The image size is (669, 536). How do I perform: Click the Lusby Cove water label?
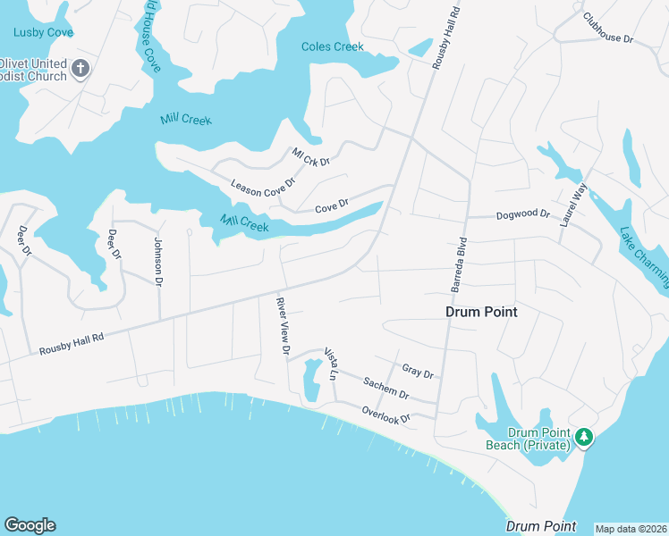(43, 32)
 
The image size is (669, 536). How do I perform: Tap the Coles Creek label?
(333, 46)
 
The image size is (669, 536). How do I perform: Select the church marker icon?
(80, 69)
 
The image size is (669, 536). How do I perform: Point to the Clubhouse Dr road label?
(607, 28)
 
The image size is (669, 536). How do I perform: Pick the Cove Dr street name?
(331, 208)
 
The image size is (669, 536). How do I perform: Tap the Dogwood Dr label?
(523, 214)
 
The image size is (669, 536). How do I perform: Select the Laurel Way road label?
(572, 205)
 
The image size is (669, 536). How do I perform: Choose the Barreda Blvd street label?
(458, 265)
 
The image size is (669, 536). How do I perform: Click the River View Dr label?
(283, 327)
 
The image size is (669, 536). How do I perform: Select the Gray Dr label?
(417, 371)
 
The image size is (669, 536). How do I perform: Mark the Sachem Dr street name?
(385, 388)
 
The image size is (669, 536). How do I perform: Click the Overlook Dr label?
(385, 415)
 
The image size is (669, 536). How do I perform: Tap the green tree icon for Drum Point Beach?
(584, 436)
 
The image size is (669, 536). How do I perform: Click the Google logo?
(30, 525)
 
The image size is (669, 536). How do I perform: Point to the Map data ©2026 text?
(630, 529)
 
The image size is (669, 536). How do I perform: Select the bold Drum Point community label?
(482, 312)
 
